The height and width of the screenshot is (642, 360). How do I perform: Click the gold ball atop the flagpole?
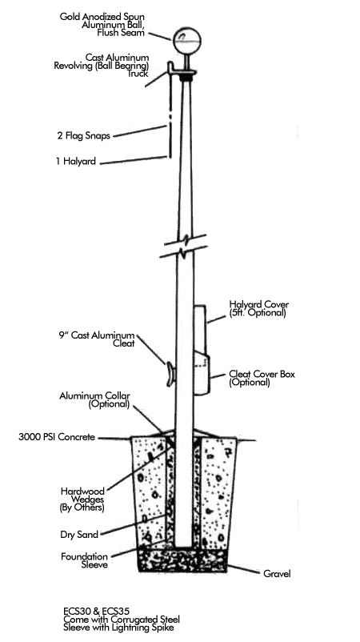(x=187, y=41)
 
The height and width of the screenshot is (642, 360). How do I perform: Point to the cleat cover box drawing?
(x=202, y=372)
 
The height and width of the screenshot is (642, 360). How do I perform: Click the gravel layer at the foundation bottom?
(x=182, y=560)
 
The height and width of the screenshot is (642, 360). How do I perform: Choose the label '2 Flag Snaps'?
(x=83, y=136)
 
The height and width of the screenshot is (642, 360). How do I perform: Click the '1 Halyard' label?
(x=76, y=162)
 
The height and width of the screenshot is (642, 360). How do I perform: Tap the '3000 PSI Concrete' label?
(x=57, y=437)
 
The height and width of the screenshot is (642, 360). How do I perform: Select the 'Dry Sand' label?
(x=79, y=535)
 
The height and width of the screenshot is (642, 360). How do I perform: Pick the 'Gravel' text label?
(x=277, y=574)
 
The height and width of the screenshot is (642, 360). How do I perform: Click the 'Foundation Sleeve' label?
(x=84, y=560)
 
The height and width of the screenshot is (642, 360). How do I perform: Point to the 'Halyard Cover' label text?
(x=259, y=305)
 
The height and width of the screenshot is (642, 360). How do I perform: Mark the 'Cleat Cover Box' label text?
(x=262, y=374)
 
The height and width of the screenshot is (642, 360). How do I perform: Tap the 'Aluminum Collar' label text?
(x=94, y=396)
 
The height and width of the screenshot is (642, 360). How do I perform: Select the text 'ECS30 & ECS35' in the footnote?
(x=97, y=611)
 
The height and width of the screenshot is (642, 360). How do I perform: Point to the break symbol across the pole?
(x=183, y=246)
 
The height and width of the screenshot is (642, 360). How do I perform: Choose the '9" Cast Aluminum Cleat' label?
(x=96, y=339)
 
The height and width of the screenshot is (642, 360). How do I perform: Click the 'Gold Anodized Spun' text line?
(x=102, y=17)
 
